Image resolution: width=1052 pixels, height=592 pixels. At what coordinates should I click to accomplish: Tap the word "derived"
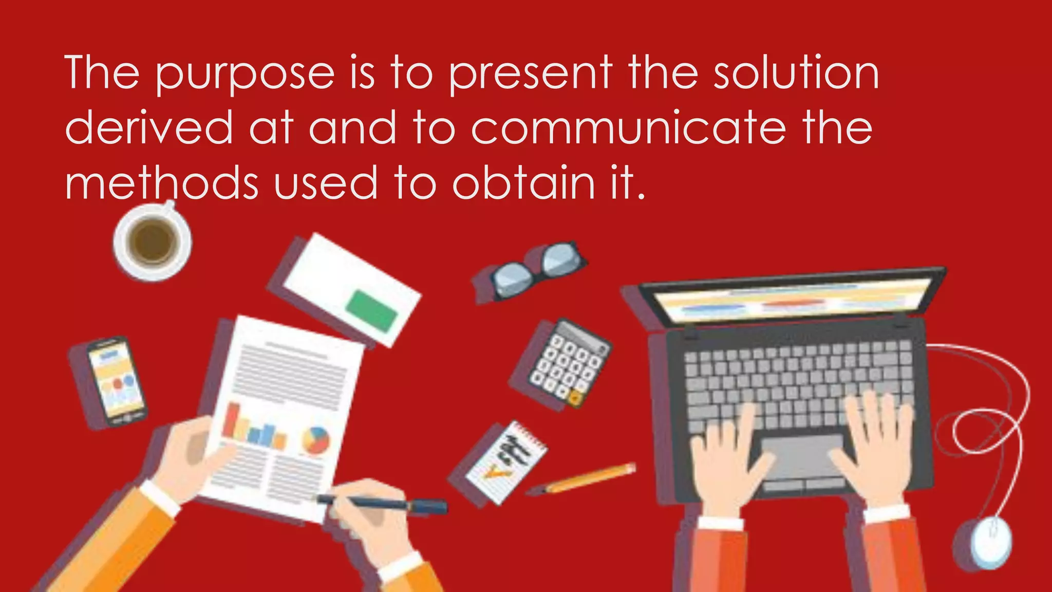(149, 128)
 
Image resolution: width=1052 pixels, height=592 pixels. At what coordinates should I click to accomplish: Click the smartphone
(116, 381)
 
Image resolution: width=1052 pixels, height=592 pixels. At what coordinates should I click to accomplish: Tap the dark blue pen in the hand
(383, 504)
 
